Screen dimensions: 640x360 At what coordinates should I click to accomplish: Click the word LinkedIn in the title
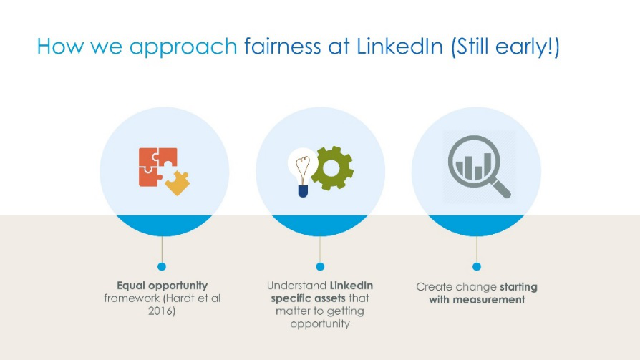click(399, 46)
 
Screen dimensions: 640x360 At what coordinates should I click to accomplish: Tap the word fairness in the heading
click(283, 46)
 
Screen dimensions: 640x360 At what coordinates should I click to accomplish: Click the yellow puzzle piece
click(178, 183)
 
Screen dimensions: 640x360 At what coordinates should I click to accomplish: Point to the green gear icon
click(332, 168)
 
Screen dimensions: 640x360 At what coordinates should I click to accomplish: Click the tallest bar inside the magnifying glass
click(488, 166)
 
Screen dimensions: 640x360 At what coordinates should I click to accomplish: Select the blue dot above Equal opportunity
click(162, 266)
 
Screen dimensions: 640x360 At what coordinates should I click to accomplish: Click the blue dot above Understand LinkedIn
click(320, 266)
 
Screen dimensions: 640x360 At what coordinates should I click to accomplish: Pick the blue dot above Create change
click(477, 266)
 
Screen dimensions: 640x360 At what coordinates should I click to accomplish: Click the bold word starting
click(518, 287)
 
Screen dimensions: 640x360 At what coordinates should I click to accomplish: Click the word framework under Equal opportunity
click(132, 298)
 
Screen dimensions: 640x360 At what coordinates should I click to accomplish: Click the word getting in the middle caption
click(345, 312)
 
